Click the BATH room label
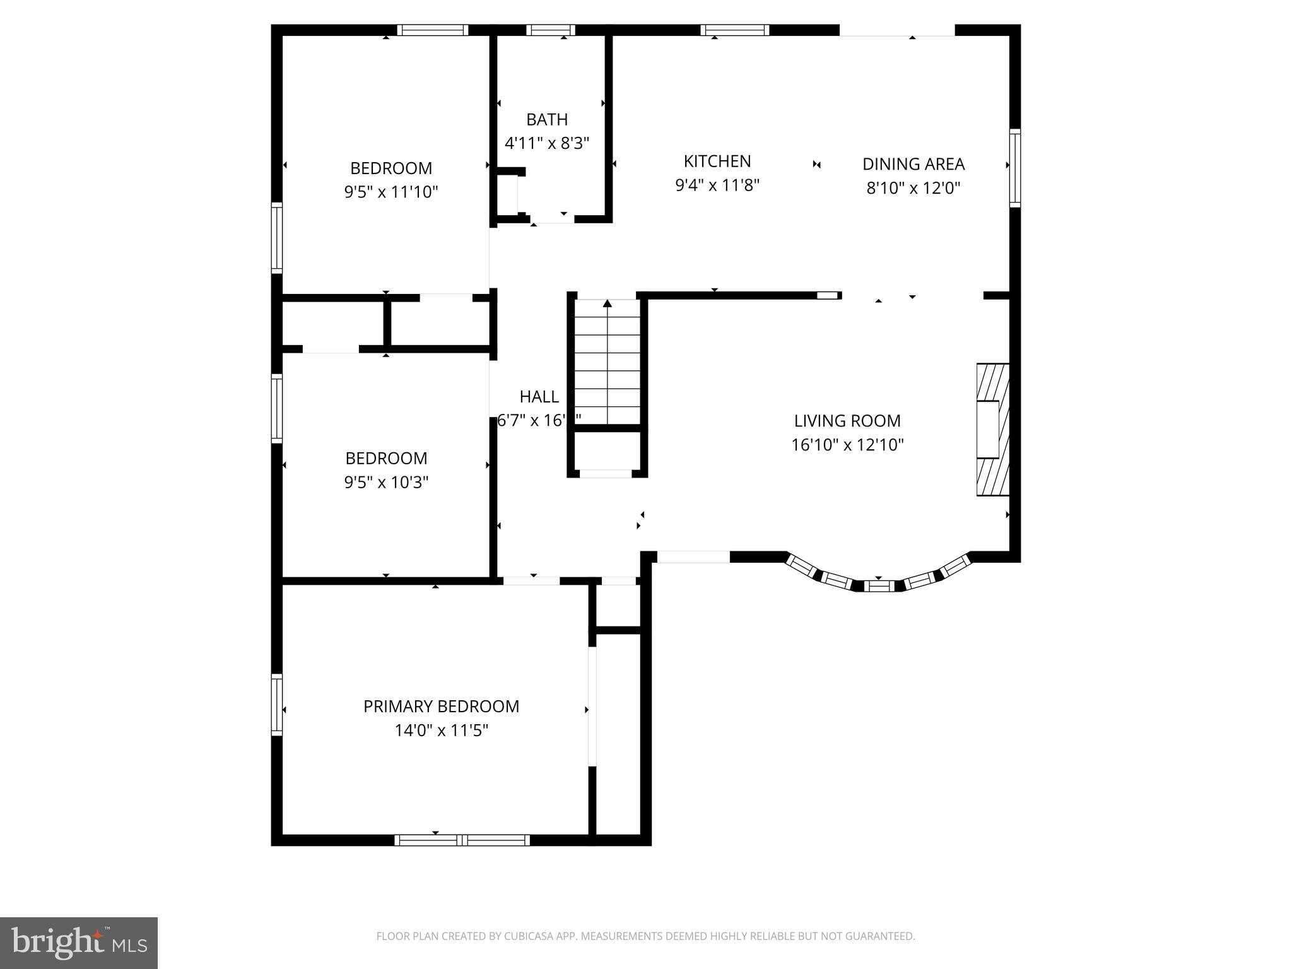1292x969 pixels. (x=547, y=119)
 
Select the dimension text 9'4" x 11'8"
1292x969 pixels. (x=717, y=185)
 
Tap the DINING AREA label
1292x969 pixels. (x=913, y=164)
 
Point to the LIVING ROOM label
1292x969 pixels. (x=847, y=421)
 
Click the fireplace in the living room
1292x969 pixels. (x=992, y=429)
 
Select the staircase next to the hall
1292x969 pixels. (x=607, y=363)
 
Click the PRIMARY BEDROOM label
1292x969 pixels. (x=441, y=707)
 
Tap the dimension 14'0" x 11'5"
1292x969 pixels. (x=441, y=731)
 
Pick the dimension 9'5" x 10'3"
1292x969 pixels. (x=386, y=483)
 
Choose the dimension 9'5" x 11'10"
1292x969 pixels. (x=391, y=192)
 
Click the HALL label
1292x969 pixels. (x=539, y=397)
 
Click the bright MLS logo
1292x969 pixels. (x=79, y=943)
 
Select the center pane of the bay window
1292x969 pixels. (x=879, y=586)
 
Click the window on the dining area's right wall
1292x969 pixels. (x=1014, y=167)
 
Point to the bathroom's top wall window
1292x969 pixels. (x=550, y=30)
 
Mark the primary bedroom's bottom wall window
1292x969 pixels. (x=462, y=840)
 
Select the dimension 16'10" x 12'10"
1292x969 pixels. (x=847, y=445)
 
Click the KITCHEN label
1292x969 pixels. (x=717, y=161)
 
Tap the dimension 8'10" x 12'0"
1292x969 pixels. (x=913, y=188)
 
